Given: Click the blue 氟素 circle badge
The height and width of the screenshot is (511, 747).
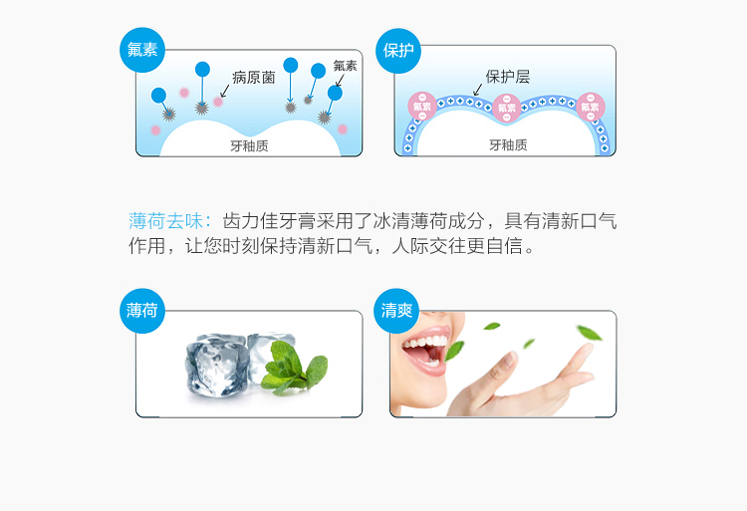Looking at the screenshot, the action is [142, 50].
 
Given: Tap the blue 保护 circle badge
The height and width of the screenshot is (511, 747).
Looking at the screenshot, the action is [398, 51].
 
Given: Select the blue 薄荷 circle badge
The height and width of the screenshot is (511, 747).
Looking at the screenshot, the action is [142, 311].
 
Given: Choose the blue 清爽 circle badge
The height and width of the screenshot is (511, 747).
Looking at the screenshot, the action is [396, 311].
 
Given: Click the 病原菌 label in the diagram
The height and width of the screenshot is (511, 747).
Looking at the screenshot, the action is [254, 77].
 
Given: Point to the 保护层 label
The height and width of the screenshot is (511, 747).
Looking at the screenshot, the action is [507, 76].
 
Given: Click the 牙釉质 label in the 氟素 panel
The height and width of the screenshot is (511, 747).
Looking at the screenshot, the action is [249, 145].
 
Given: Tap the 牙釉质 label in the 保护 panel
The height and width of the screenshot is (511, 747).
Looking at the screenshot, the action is [508, 144].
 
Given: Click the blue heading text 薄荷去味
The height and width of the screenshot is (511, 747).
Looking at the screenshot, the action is [165, 221].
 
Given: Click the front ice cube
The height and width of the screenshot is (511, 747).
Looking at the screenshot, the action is [217, 367].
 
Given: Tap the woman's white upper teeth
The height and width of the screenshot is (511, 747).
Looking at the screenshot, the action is [425, 343].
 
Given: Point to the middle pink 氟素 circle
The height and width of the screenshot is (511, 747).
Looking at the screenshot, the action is [506, 108].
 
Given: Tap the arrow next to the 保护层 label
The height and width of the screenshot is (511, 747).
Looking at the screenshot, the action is [477, 90].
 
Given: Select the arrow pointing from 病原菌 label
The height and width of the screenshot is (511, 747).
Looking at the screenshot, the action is [225, 91].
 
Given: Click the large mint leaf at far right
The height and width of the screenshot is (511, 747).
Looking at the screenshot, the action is [589, 333].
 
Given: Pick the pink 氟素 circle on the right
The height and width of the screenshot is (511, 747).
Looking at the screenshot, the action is [591, 107].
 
